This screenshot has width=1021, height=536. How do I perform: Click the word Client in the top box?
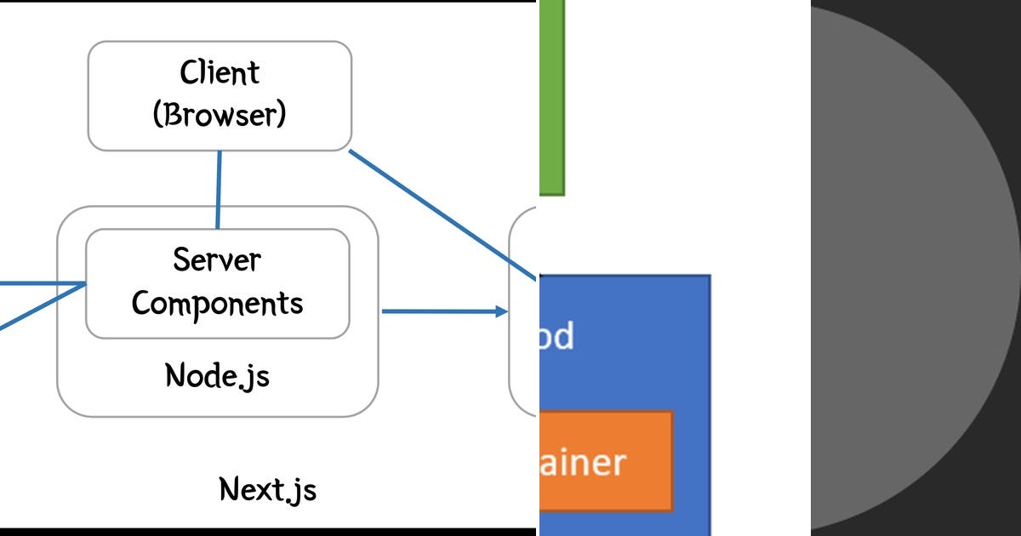click(220, 73)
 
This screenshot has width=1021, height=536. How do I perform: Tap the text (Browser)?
click(220, 114)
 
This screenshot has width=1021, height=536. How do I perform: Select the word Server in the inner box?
click(218, 259)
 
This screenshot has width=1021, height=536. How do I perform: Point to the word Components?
click(218, 303)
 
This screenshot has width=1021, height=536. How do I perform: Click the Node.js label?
click(217, 375)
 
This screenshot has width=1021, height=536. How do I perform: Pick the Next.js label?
click(268, 489)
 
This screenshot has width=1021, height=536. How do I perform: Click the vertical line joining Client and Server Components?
click(219, 190)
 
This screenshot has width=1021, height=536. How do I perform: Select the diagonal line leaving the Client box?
click(442, 214)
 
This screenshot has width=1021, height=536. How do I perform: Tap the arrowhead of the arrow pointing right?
click(501, 312)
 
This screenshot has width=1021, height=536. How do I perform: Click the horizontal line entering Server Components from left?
click(43, 284)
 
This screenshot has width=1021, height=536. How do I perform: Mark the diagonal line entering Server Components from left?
click(43, 305)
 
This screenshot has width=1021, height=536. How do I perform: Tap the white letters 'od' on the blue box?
click(556, 337)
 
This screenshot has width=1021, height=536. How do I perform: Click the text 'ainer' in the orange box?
click(584, 463)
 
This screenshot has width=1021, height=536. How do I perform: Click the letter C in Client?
click(189, 73)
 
